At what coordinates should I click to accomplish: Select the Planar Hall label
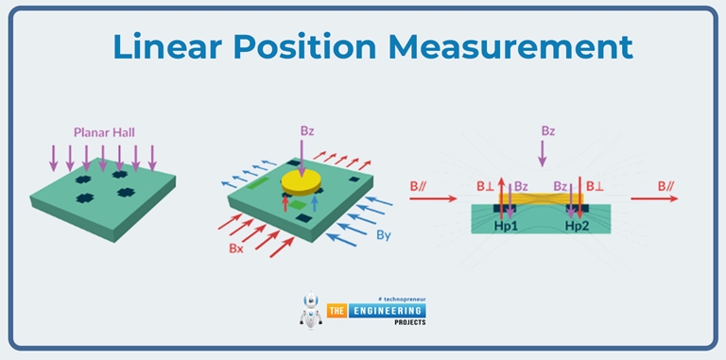coord(103,132)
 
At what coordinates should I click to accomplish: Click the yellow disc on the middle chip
coord(302,180)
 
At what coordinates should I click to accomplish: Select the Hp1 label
coord(507,227)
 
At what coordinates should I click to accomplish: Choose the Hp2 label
coord(578,227)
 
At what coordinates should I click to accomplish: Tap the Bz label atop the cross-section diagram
coord(548,129)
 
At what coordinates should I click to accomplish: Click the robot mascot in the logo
coord(309,311)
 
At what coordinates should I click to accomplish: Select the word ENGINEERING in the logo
coord(388,309)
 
